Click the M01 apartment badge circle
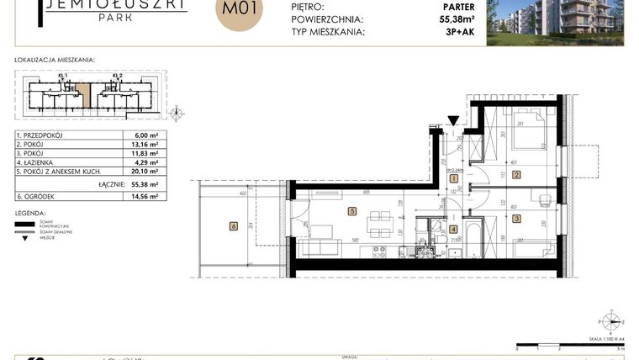pyautogui.click(x=240, y=11)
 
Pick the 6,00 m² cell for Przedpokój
pyautogui.click(x=135, y=135)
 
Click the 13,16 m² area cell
pyautogui.click(x=134, y=145)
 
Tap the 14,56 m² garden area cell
pyautogui.click(x=134, y=196)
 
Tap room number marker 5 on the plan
pyautogui.click(x=353, y=212)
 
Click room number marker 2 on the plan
pyautogui.click(x=516, y=174)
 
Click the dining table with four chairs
pyautogui.click(x=380, y=220)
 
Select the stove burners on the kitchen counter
pyautogui.click(x=381, y=250)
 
